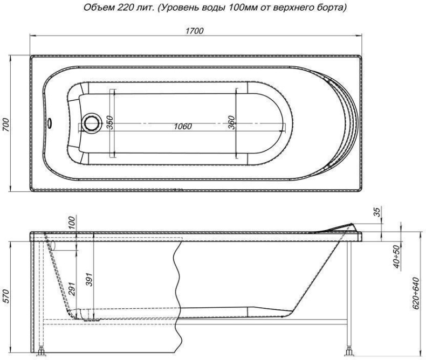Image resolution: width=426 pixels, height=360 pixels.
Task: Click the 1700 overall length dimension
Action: point(195,31)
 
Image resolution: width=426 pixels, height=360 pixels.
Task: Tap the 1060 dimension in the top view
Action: point(183,127)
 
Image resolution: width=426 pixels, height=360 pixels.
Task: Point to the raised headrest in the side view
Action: point(340,226)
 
